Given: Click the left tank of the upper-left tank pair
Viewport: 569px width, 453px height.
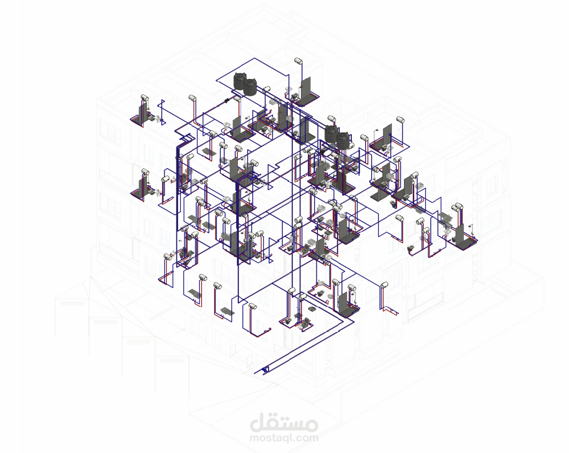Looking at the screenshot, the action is [x=240, y=81].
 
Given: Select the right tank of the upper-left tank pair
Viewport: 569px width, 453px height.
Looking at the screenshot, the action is [x=250, y=87].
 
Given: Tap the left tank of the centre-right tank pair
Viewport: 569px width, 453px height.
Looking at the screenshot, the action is [x=331, y=134].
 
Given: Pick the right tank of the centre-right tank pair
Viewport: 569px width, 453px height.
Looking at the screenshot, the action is [x=343, y=141].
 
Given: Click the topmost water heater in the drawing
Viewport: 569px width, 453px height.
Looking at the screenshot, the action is [x=298, y=61].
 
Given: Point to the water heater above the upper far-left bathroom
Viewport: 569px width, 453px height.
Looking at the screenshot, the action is [x=144, y=98].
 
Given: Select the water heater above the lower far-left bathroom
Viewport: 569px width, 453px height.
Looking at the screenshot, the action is [x=145, y=172].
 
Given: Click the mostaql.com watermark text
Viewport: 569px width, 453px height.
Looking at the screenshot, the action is [x=284, y=438].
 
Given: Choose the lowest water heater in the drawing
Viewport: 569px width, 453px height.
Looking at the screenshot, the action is [x=252, y=306].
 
